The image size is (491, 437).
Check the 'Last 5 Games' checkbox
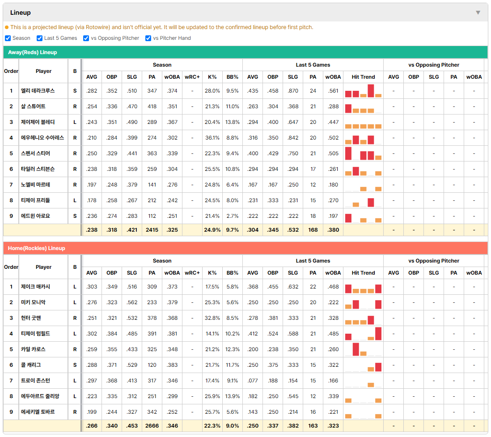point(39,38)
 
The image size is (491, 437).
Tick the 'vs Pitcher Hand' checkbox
point(148,38)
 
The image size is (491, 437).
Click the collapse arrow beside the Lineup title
point(478,13)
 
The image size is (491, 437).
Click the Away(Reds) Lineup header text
point(33,52)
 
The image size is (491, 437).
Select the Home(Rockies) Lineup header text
point(37,248)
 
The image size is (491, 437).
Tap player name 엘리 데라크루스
point(38,91)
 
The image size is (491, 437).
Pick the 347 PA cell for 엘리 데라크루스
point(152,91)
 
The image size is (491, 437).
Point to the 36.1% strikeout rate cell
point(212,138)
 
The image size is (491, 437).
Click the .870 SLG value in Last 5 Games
point(293,91)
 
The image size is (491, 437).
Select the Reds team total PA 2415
point(152,230)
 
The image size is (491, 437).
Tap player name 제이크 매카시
point(35,287)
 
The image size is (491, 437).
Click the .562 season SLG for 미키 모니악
point(132,302)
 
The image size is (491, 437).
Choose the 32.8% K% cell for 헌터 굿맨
point(212,318)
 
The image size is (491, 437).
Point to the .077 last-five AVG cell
point(253,381)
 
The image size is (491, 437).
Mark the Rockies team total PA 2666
point(152,426)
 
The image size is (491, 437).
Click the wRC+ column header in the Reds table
point(192,77)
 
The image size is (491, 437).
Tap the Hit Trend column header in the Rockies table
point(363,273)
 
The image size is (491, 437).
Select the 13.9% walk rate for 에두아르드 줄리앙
point(233,396)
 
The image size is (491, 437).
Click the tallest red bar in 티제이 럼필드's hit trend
point(378,334)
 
